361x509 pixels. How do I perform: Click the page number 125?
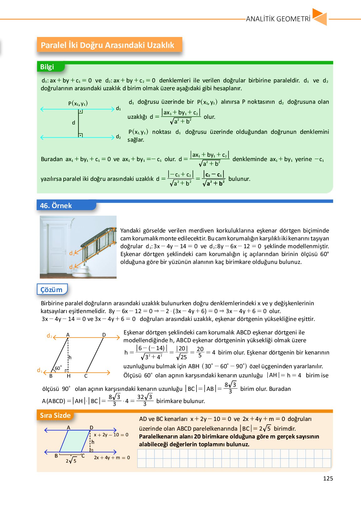click(x=328, y=478)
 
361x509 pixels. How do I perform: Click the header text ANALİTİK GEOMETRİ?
click(x=278, y=19)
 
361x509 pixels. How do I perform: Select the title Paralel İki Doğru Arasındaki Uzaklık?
click(x=107, y=45)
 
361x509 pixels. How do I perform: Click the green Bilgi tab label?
click(x=47, y=67)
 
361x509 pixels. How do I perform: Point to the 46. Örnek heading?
click(x=56, y=206)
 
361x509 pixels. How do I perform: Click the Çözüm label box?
click(x=52, y=290)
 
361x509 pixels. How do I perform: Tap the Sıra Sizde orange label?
click(x=55, y=415)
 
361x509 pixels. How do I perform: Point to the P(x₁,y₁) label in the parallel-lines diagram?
click(x=78, y=103)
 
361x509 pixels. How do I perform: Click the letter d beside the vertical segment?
click(x=74, y=123)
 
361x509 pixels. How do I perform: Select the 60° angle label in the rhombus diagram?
click(x=58, y=368)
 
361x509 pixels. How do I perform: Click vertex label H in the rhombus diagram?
click(x=69, y=376)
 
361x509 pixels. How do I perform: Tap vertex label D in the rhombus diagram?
click(x=104, y=335)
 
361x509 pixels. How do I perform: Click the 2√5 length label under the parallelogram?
click(x=71, y=460)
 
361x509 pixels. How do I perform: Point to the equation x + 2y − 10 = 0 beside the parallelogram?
click(x=111, y=435)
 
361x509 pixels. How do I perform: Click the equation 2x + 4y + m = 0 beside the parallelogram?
click(x=112, y=458)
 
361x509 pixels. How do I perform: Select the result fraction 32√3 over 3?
click(x=145, y=400)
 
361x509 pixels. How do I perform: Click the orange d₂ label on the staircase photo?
click(x=72, y=253)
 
